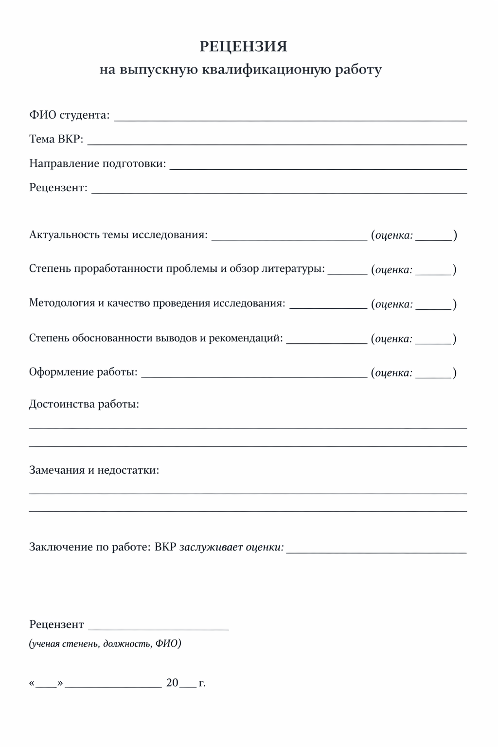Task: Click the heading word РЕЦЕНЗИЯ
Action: [x=243, y=46]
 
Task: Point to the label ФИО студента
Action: [x=69, y=115]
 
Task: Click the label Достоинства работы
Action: [x=84, y=404]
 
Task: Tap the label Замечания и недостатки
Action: [x=94, y=470]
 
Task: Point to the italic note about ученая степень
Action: [x=105, y=644]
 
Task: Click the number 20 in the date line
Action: [x=172, y=683]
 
